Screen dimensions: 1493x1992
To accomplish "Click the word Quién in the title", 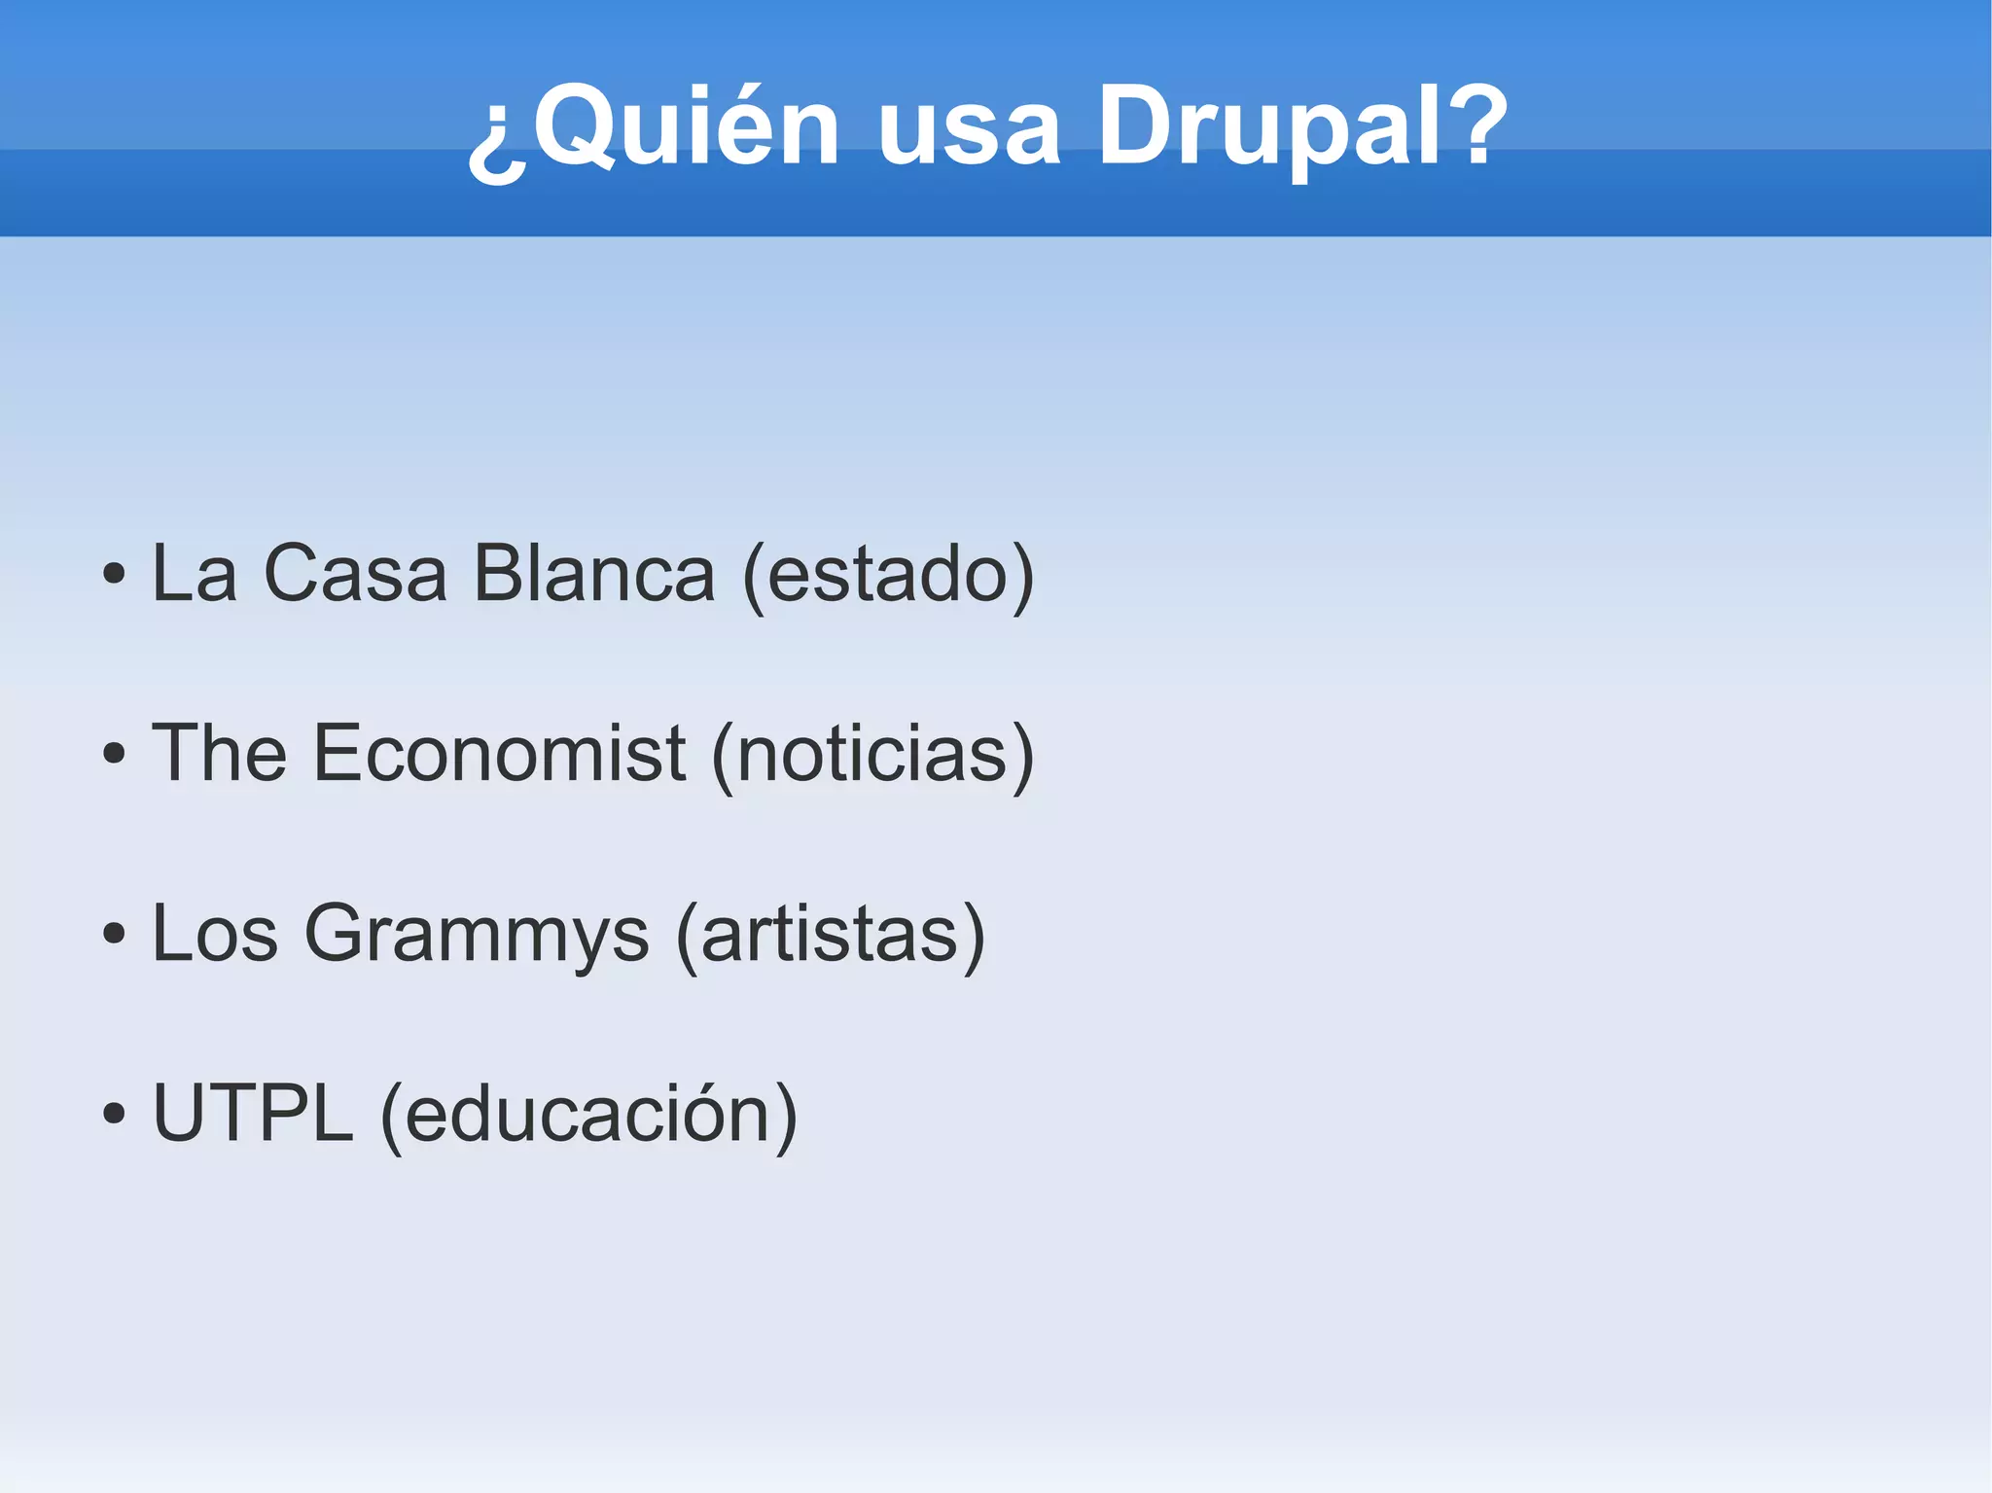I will point(686,126).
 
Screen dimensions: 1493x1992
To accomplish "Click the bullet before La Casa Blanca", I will point(114,574).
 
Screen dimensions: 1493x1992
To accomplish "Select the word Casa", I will point(355,574).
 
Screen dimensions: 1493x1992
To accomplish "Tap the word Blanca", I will point(594,574).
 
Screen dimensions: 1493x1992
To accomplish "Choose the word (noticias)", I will point(872,755).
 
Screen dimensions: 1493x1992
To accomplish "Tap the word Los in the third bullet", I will point(215,934).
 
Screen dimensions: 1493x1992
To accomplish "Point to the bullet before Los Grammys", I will point(114,934).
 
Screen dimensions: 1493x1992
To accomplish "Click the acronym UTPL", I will point(253,1114).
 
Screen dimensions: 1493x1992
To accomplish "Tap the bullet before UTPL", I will point(114,1114).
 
